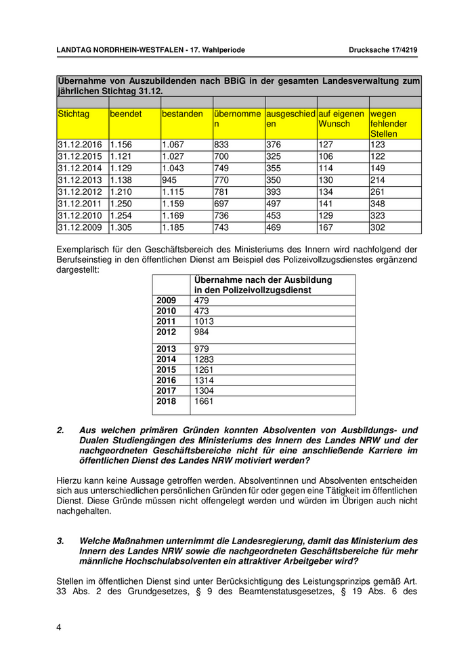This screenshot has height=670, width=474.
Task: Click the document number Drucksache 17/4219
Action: pos(385,50)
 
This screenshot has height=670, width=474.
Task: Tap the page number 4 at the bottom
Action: pos(59,627)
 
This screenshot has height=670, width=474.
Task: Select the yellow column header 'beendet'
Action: pos(126,114)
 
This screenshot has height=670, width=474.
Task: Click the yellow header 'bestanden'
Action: pos(182,114)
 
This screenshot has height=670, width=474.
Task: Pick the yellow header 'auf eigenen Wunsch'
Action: pos(341,119)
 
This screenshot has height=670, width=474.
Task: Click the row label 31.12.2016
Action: pos(80,145)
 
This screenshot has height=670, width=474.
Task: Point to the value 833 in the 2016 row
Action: pos(222,145)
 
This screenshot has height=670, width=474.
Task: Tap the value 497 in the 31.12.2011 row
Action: pos(274,204)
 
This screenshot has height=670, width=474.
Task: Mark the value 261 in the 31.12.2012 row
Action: pos(377,192)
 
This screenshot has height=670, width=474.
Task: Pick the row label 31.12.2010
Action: pos(80,216)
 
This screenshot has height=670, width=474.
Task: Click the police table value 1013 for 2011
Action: pos(204,321)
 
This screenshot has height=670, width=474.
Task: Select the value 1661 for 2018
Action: pos(204,401)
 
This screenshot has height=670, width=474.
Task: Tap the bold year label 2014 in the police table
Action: pos(166,359)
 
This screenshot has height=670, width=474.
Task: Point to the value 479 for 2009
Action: pos(201,300)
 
